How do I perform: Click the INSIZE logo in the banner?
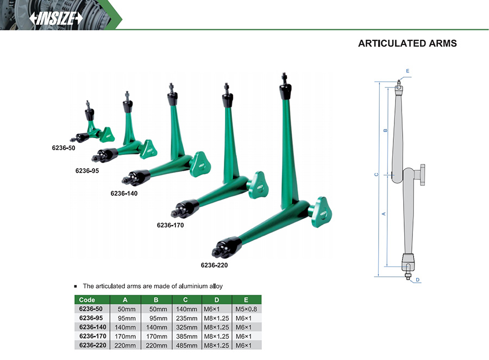click(x=56, y=18)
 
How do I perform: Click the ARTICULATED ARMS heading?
click(x=407, y=43)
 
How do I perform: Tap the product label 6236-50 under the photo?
click(x=64, y=148)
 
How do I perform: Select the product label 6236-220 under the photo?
click(x=214, y=265)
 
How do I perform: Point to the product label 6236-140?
click(x=124, y=193)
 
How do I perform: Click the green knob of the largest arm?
click(x=321, y=212)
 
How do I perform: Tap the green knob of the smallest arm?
click(x=107, y=134)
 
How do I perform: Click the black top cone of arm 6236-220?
click(x=285, y=89)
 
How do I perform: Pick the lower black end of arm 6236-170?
click(x=186, y=208)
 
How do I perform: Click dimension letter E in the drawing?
click(x=407, y=71)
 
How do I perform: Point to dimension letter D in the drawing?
click(x=418, y=280)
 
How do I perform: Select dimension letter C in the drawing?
click(x=377, y=175)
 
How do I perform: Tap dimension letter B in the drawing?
click(x=385, y=130)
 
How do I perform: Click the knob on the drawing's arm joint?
click(x=422, y=175)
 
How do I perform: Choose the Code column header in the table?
click(x=87, y=300)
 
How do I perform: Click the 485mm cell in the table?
click(x=186, y=345)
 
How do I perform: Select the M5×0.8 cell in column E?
click(x=246, y=309)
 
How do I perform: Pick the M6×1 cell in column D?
click(x=212, y=309)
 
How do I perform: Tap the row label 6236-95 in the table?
click(x=91, y=318)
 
